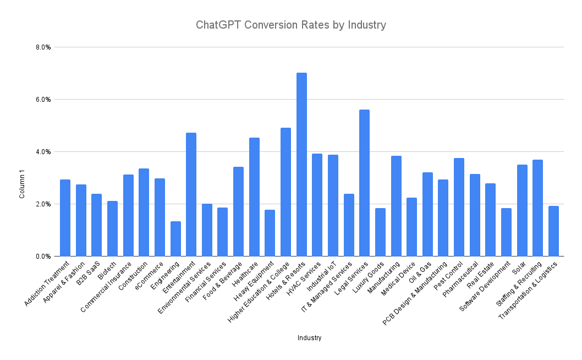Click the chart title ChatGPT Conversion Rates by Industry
click(x=291, y=25)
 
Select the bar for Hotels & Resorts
click(x=301, y=165)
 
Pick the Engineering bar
click(x=175, y=239)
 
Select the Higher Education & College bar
click(x=285, y=192)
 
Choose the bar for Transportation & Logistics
click(x=553, y=231)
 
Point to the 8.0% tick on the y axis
click(x=43, y=47)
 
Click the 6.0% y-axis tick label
click(x=43, y=100)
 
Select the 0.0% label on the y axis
click(x=43, y=257)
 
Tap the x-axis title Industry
click(x=309, y=338)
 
